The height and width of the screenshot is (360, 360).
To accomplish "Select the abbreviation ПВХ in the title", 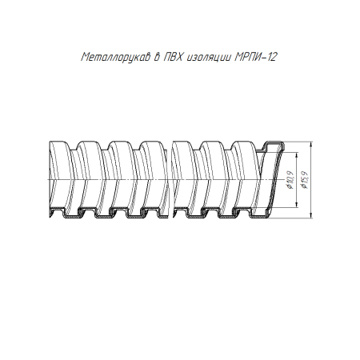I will [x=174, y=58].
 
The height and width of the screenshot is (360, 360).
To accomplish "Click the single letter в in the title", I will [x=157, y=58].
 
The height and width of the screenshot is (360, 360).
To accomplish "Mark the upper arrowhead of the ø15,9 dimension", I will [x=309, y=147].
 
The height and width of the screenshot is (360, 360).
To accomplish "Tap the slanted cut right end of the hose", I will [x=270, y=180].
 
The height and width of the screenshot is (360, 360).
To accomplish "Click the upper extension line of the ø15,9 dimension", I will [x=296, y=144].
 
